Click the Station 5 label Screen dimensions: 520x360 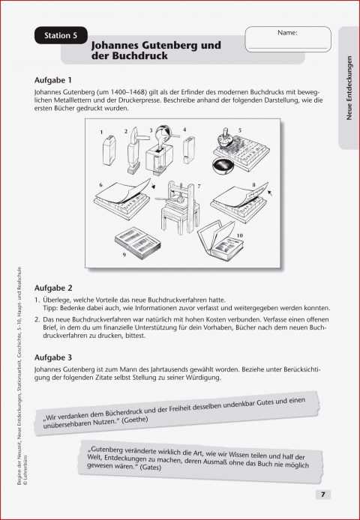click(61, 34)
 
